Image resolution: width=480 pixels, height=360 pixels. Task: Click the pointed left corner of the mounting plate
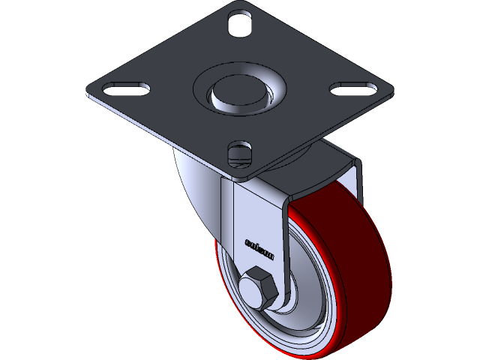click(x=87, y=94)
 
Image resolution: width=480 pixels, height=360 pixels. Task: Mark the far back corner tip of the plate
click(x=241, y=3)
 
